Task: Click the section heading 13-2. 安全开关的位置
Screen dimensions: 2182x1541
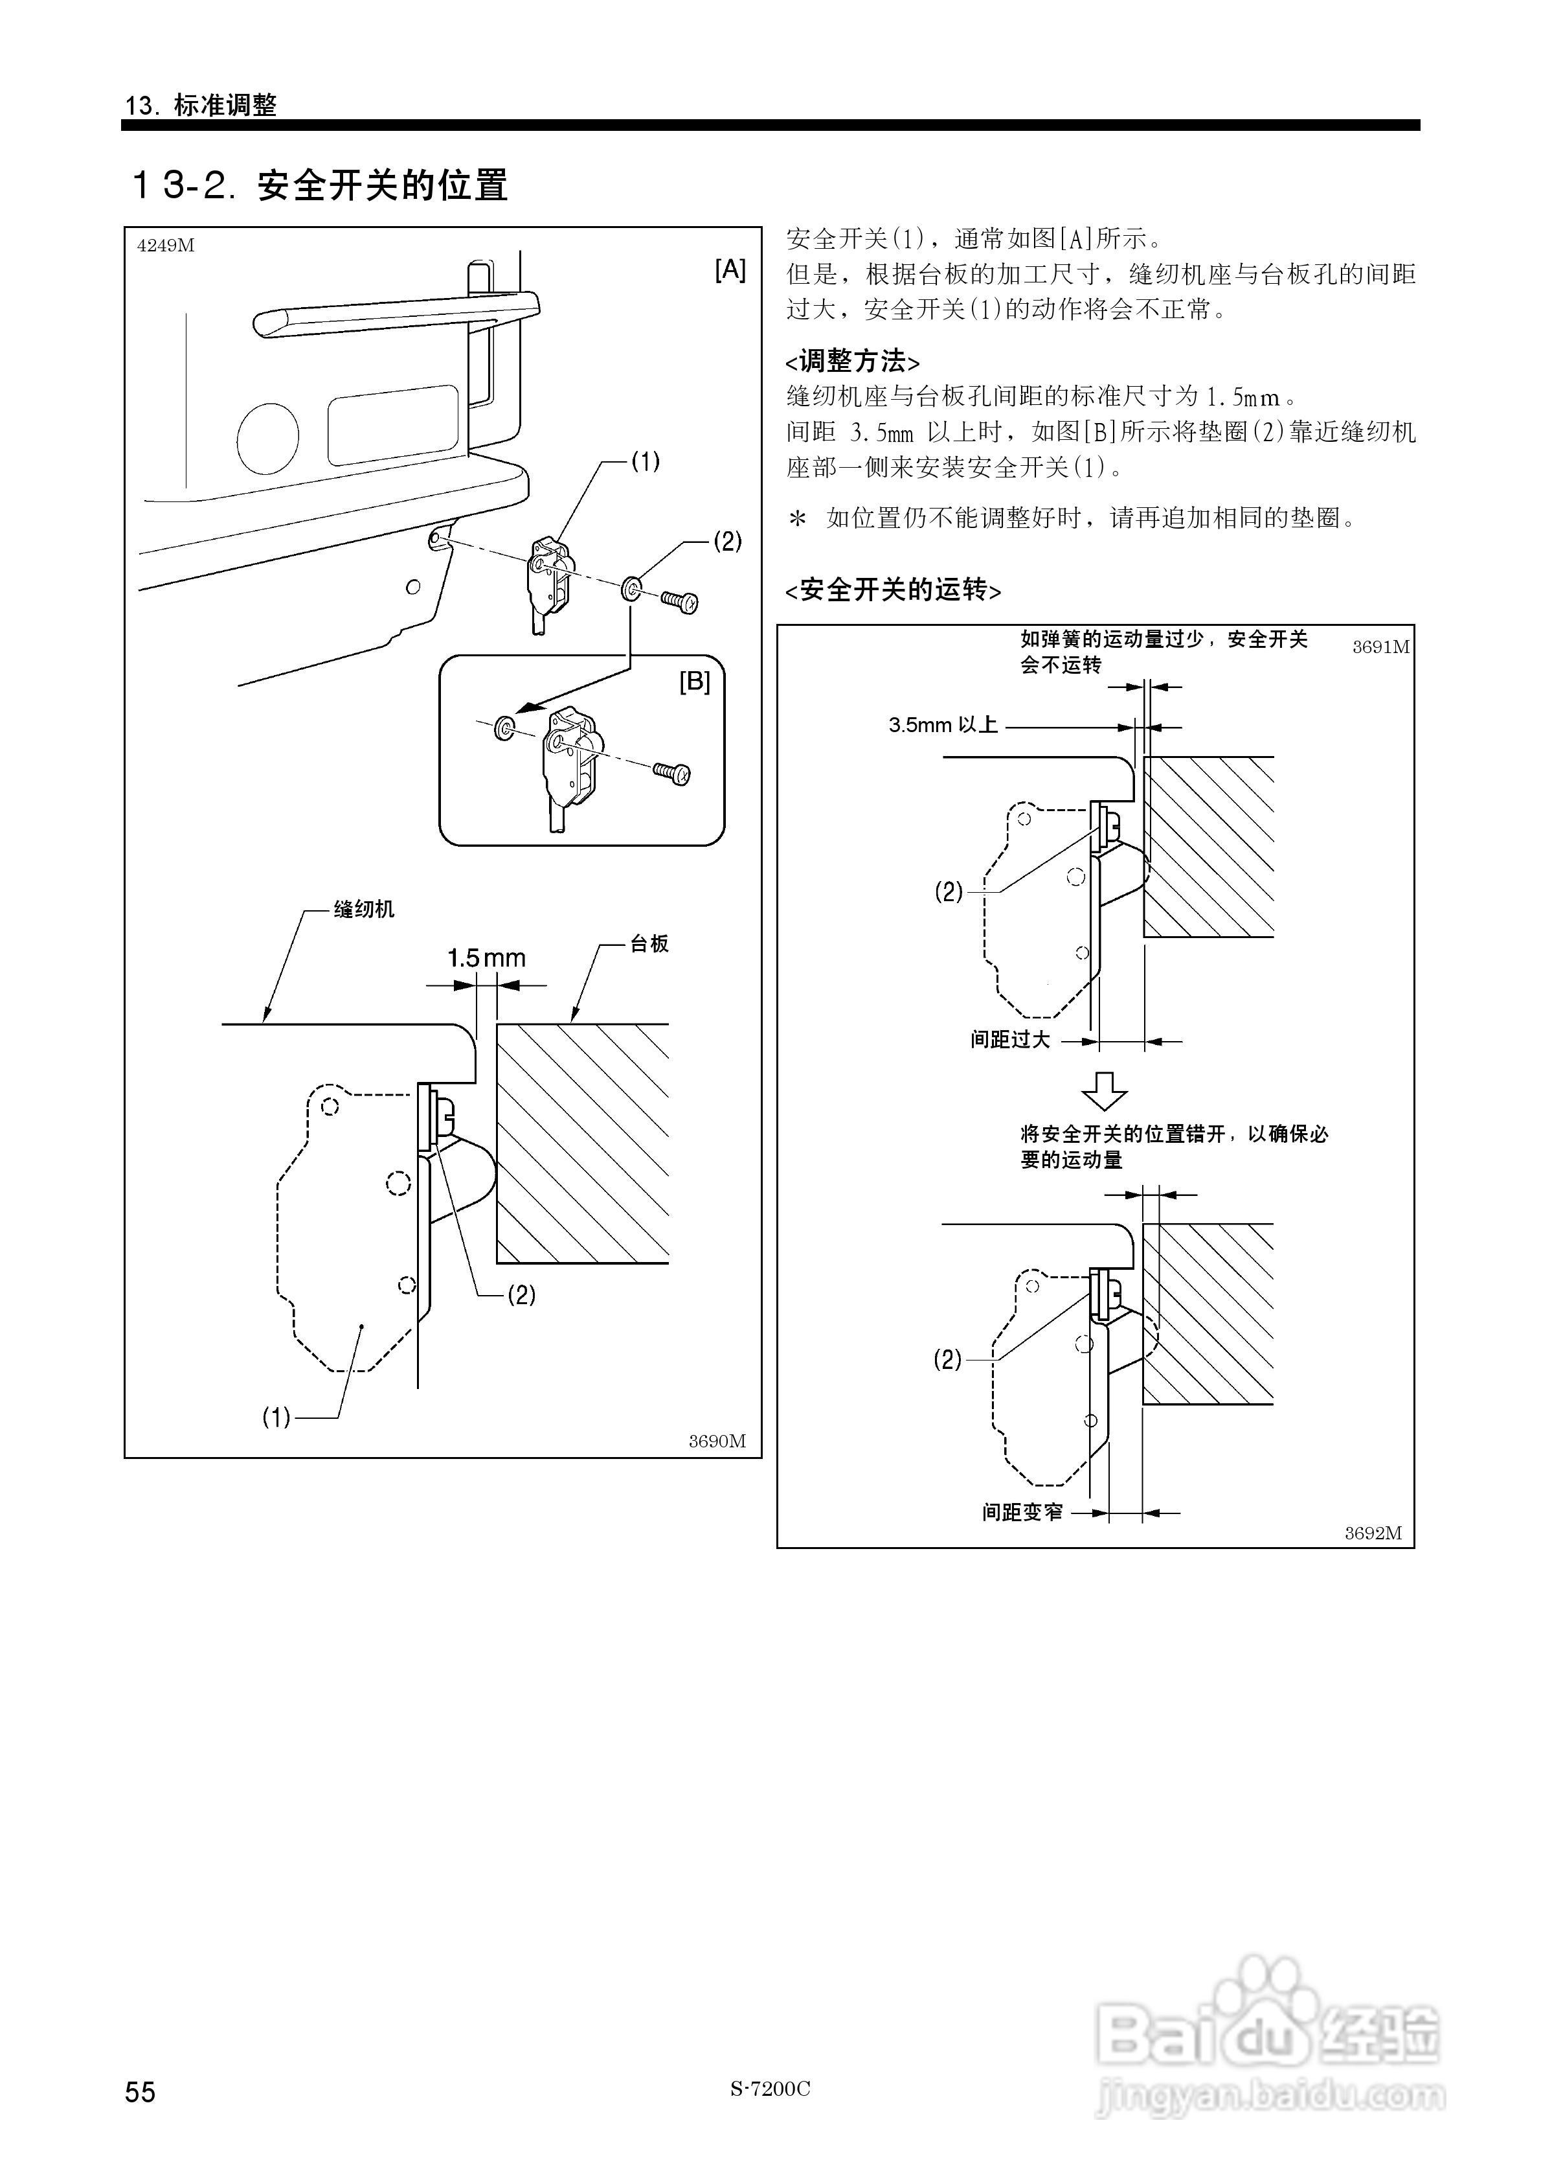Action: (319, 185)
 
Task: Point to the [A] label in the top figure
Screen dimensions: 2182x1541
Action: (730, 270)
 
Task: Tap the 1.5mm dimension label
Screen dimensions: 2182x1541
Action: (486, 958)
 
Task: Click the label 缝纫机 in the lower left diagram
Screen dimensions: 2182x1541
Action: (364, 910)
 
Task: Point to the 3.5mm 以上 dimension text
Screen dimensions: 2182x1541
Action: (943, 725)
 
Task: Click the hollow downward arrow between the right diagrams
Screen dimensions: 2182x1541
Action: (1104, 1091)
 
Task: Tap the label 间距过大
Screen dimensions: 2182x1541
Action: (1010, 1040)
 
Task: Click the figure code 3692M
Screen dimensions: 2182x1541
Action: (1372, 1533)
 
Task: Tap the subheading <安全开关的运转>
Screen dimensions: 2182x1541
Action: (892, 590)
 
